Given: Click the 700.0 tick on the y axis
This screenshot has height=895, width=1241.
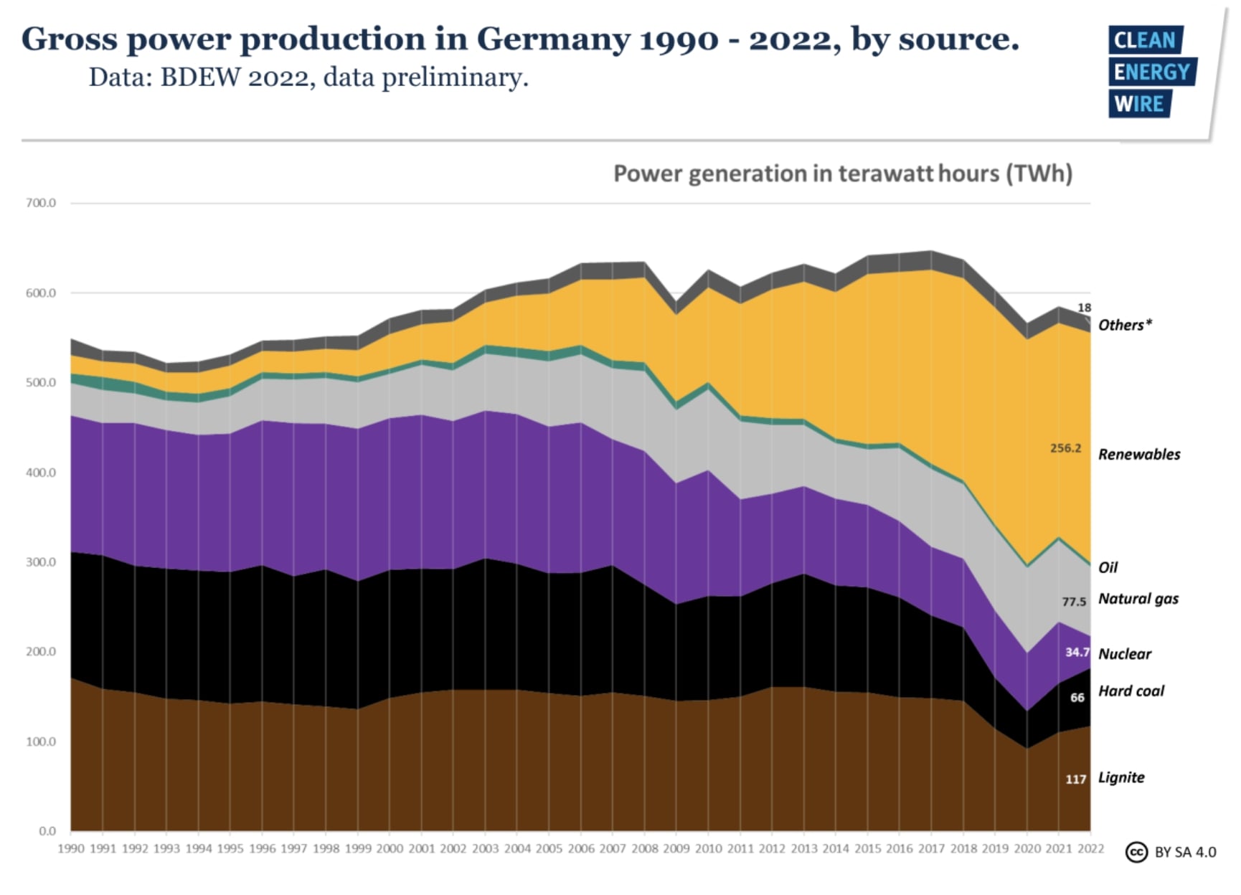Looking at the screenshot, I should click(x=41, y=203).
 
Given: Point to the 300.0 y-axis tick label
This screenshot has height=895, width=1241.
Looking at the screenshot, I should click(x=41, y=562).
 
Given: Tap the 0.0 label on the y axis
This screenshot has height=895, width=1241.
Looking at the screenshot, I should click(x=47, y=831).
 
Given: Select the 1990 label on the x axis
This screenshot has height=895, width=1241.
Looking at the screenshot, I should click(x=70, y=849).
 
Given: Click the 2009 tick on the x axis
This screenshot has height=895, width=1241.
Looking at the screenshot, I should click(x=676, y=849).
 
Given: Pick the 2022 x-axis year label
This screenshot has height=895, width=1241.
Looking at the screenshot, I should click(x=1090, y=849).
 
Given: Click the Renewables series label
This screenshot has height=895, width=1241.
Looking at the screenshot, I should click(x=1139, y=455).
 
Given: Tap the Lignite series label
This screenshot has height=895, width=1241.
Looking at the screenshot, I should click(x=1121, y=778).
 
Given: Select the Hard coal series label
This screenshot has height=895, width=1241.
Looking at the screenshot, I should click(x=1131, y=691).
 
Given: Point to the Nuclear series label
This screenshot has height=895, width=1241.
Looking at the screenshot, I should click(x=1125, y=654).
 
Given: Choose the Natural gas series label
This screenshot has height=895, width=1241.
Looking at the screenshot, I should click(x=1138, y=599).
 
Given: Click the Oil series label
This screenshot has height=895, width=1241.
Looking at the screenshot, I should click(x=1108, y=568).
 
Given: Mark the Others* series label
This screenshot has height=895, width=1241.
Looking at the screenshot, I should click(x=1125, y=326).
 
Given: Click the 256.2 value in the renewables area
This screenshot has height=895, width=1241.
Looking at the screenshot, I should click(x=1065, y=448).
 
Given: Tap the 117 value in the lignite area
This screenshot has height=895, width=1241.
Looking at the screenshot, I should click(x=1075, y=780).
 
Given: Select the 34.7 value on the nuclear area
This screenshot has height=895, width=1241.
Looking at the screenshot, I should click(x=1077, y=653).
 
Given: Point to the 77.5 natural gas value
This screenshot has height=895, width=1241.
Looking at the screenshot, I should click(x=1074, y=602).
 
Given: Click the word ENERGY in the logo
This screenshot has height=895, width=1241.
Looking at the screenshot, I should click(x=1151, y=72).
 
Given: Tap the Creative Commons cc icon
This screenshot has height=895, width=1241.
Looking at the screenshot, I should click(x=1136, y=852).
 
